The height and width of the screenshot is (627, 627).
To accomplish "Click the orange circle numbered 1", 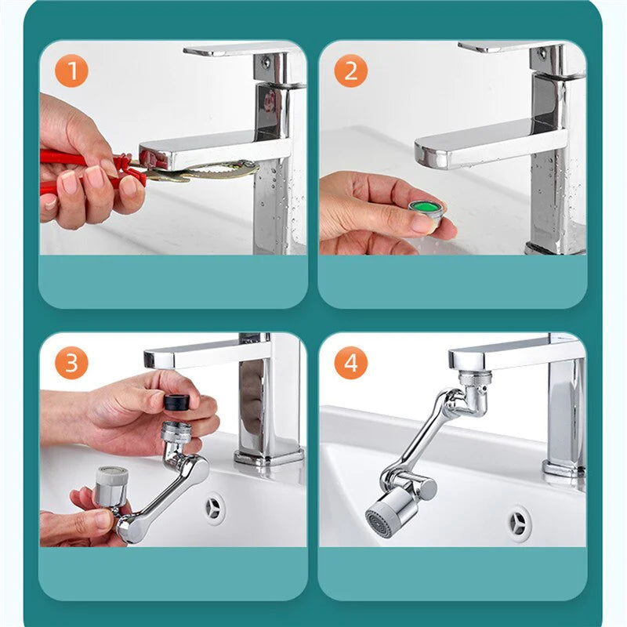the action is [71, 71].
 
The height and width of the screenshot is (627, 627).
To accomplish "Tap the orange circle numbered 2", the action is [350, 71].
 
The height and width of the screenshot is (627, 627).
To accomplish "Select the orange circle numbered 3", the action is [71, 363].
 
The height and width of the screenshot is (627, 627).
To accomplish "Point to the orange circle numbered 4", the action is [350, 363].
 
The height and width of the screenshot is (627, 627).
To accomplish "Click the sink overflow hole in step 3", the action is [215, 509].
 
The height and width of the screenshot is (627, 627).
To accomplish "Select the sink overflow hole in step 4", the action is [520, 524].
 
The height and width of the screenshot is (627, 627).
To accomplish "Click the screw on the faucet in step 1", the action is [266, 62].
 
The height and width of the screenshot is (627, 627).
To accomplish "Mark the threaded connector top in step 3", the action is [176, 432].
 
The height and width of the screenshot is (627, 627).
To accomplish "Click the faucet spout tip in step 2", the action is [429, 153].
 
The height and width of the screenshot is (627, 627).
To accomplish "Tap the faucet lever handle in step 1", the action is [240, 49].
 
